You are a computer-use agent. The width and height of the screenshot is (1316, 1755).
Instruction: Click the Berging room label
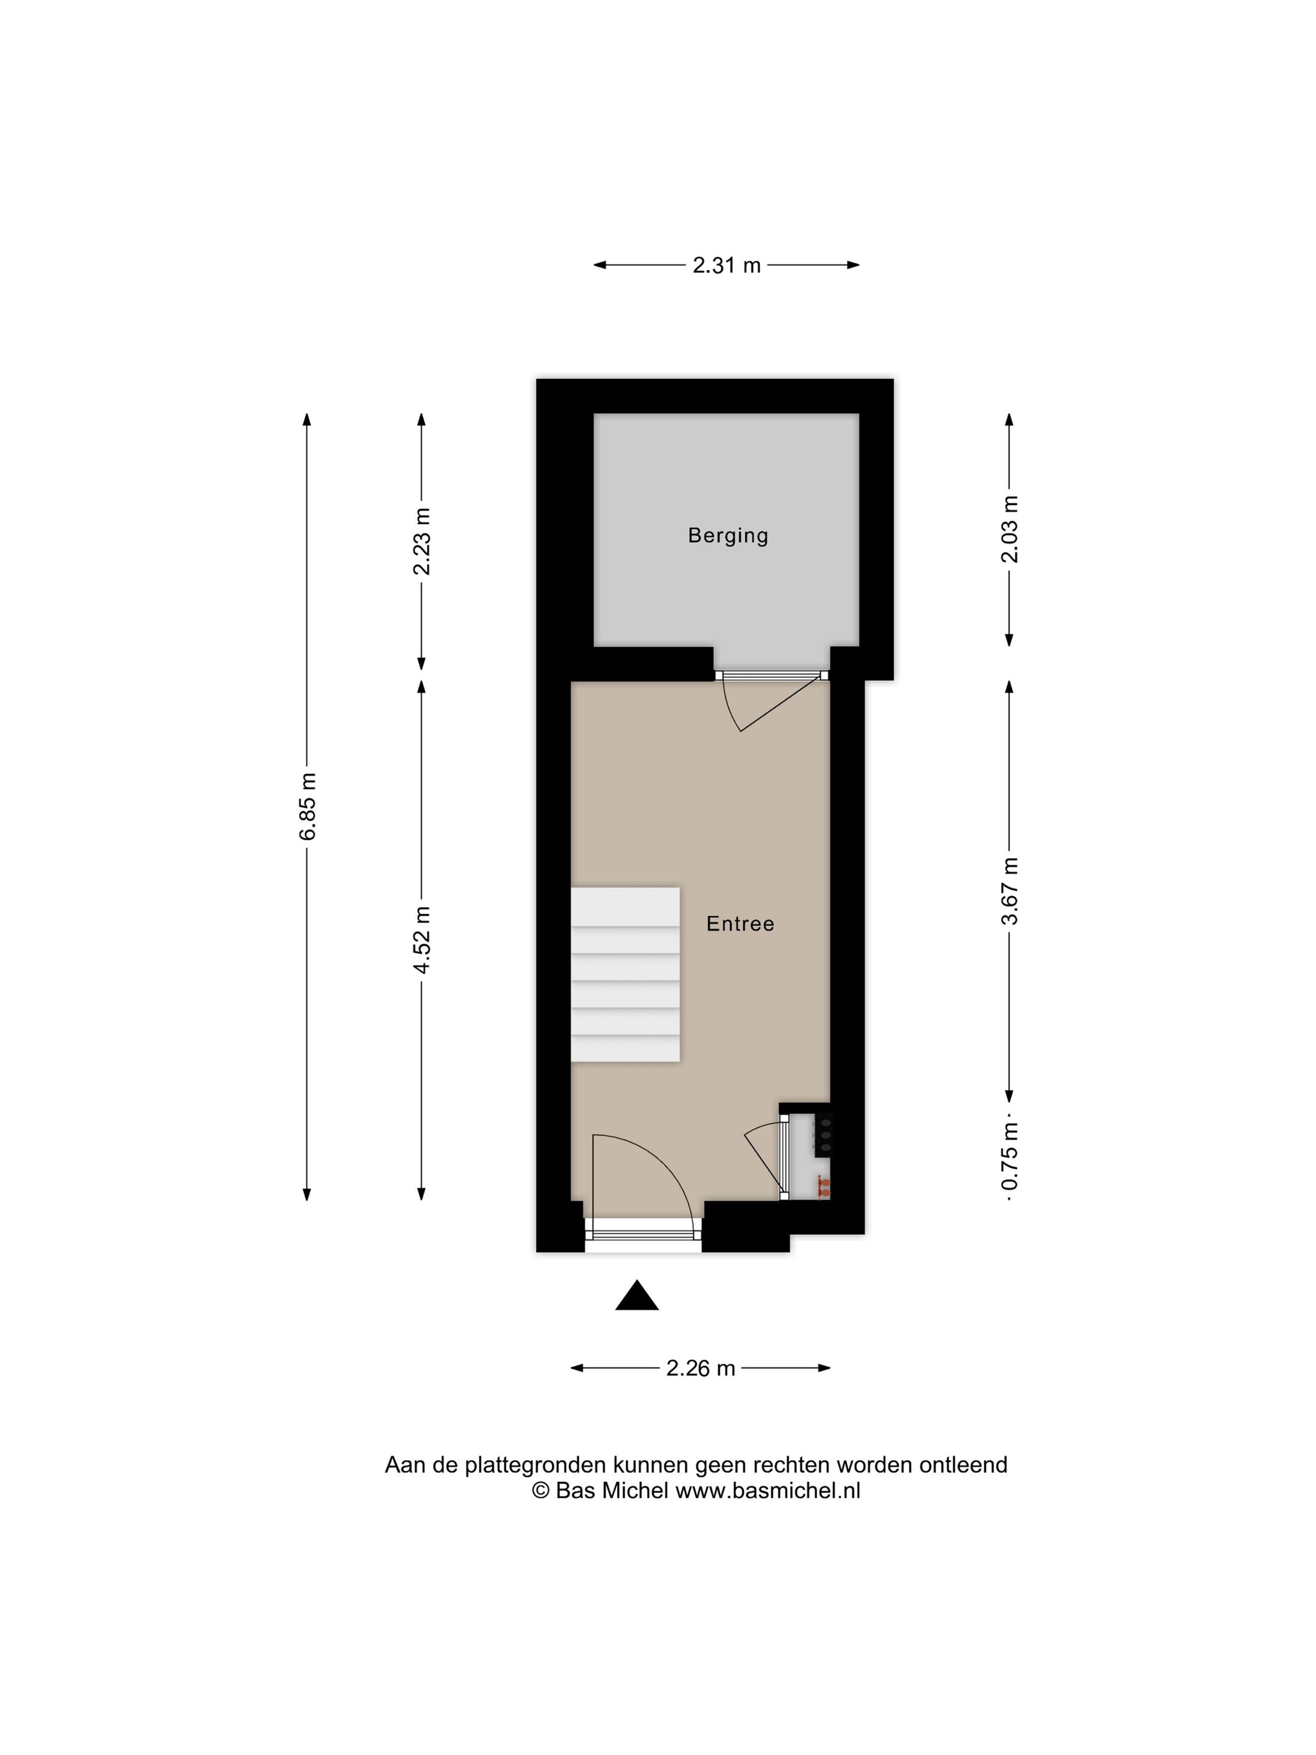point(727,536)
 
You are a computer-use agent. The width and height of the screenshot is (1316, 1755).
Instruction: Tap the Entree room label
point(740,924)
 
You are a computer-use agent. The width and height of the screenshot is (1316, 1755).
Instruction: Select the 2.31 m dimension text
point(726,265)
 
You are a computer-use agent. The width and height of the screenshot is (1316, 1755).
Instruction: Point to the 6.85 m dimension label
point(308,806)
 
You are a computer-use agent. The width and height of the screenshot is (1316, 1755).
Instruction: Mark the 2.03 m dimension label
point(1009,529)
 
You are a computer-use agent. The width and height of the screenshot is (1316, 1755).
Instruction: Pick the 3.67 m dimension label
point(1009,891)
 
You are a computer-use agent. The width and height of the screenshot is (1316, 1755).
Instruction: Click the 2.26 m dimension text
point(701,1368)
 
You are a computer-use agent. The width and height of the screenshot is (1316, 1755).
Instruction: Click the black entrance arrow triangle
point(637,1296)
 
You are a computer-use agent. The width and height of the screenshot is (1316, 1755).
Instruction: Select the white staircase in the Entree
point(625,974)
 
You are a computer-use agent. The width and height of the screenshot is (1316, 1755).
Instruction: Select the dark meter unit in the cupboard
point(825,1135)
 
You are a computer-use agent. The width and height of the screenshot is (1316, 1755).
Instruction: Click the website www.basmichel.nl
point(768,1490)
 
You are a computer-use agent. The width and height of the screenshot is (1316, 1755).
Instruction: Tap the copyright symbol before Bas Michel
point(540,1490)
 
